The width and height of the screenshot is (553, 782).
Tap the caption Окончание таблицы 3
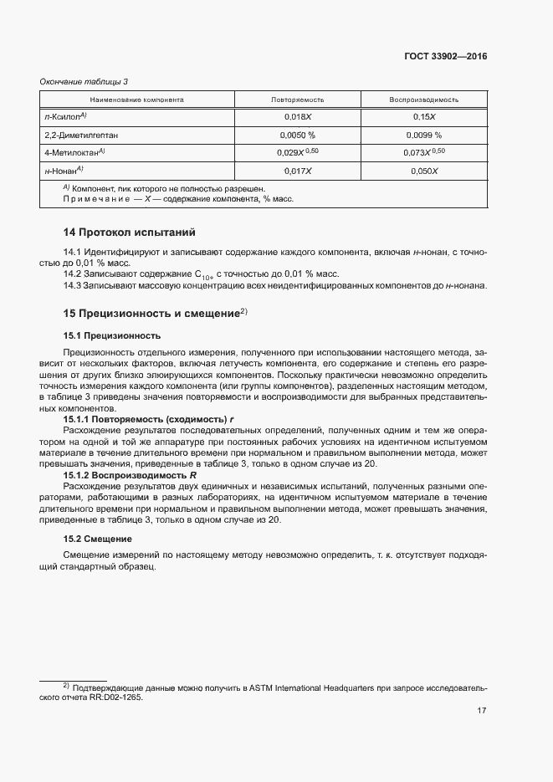click(84, 81)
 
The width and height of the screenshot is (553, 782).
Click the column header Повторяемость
click(297, 100)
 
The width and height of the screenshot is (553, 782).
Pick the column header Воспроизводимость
click(423, 100)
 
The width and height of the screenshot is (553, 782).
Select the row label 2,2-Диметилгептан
click(81, 135)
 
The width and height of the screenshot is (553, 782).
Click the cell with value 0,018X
click(297, 118)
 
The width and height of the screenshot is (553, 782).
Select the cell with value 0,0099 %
click(423, 135)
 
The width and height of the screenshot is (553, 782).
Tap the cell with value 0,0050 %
click(297, 135)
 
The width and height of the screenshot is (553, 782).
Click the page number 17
click(482, 712)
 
